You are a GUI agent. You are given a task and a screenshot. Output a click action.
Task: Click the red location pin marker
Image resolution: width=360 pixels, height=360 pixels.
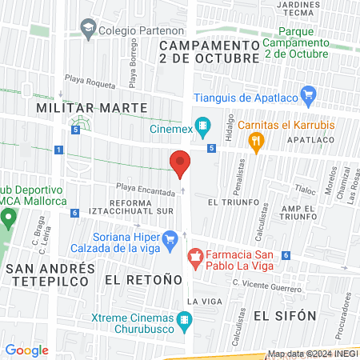180,162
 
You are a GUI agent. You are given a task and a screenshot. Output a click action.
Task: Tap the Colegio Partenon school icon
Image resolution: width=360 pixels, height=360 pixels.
86,30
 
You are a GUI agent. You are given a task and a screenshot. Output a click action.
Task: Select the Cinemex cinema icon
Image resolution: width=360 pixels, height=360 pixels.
203,126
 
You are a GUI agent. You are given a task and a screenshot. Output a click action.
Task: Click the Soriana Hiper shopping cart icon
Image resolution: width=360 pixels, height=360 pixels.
170,238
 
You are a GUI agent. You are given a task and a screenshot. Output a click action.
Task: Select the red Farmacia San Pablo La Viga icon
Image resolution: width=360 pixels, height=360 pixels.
194,257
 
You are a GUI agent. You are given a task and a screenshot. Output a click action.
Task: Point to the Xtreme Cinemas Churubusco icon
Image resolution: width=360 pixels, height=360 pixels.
186,322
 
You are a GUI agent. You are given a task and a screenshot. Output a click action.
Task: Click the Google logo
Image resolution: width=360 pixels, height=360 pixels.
26,350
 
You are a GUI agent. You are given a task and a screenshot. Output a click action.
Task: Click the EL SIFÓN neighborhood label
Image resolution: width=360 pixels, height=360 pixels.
281,316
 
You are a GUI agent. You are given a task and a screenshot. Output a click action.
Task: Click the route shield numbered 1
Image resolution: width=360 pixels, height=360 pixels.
59,150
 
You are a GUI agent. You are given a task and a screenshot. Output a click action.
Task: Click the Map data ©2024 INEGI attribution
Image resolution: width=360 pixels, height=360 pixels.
311,354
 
